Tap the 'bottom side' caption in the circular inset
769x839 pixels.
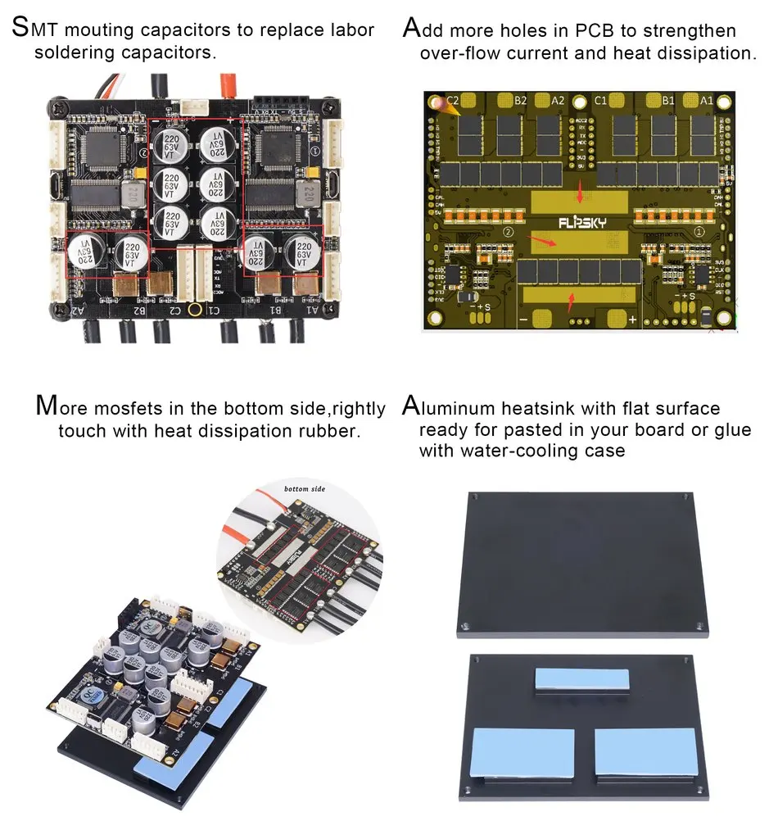coord(305,489)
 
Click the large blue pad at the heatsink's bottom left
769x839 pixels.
coord(513,751)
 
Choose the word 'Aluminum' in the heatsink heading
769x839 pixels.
coord(464,407)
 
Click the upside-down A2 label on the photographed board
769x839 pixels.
coord(78,310)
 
